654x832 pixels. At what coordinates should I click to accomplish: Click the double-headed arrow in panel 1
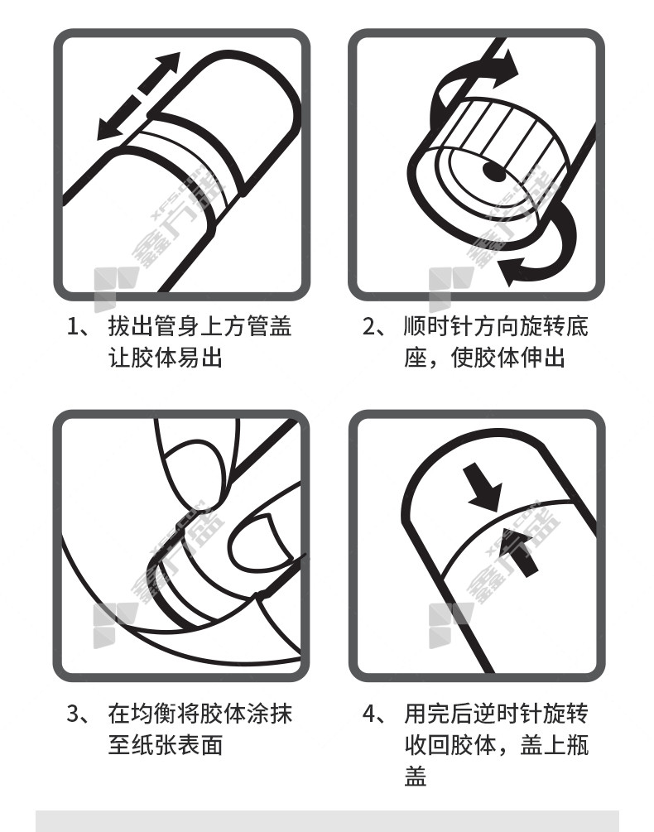pos(139,96)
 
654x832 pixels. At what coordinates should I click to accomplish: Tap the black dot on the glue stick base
pos(494,171)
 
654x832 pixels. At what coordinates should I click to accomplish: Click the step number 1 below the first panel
pos(73,326)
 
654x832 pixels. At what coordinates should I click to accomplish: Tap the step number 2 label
pos(369,326)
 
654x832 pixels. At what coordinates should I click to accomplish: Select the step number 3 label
pos(73,714)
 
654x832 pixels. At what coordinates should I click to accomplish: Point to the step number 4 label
pos(369,714)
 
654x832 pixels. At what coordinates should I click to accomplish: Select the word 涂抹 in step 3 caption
pos(269,714)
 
